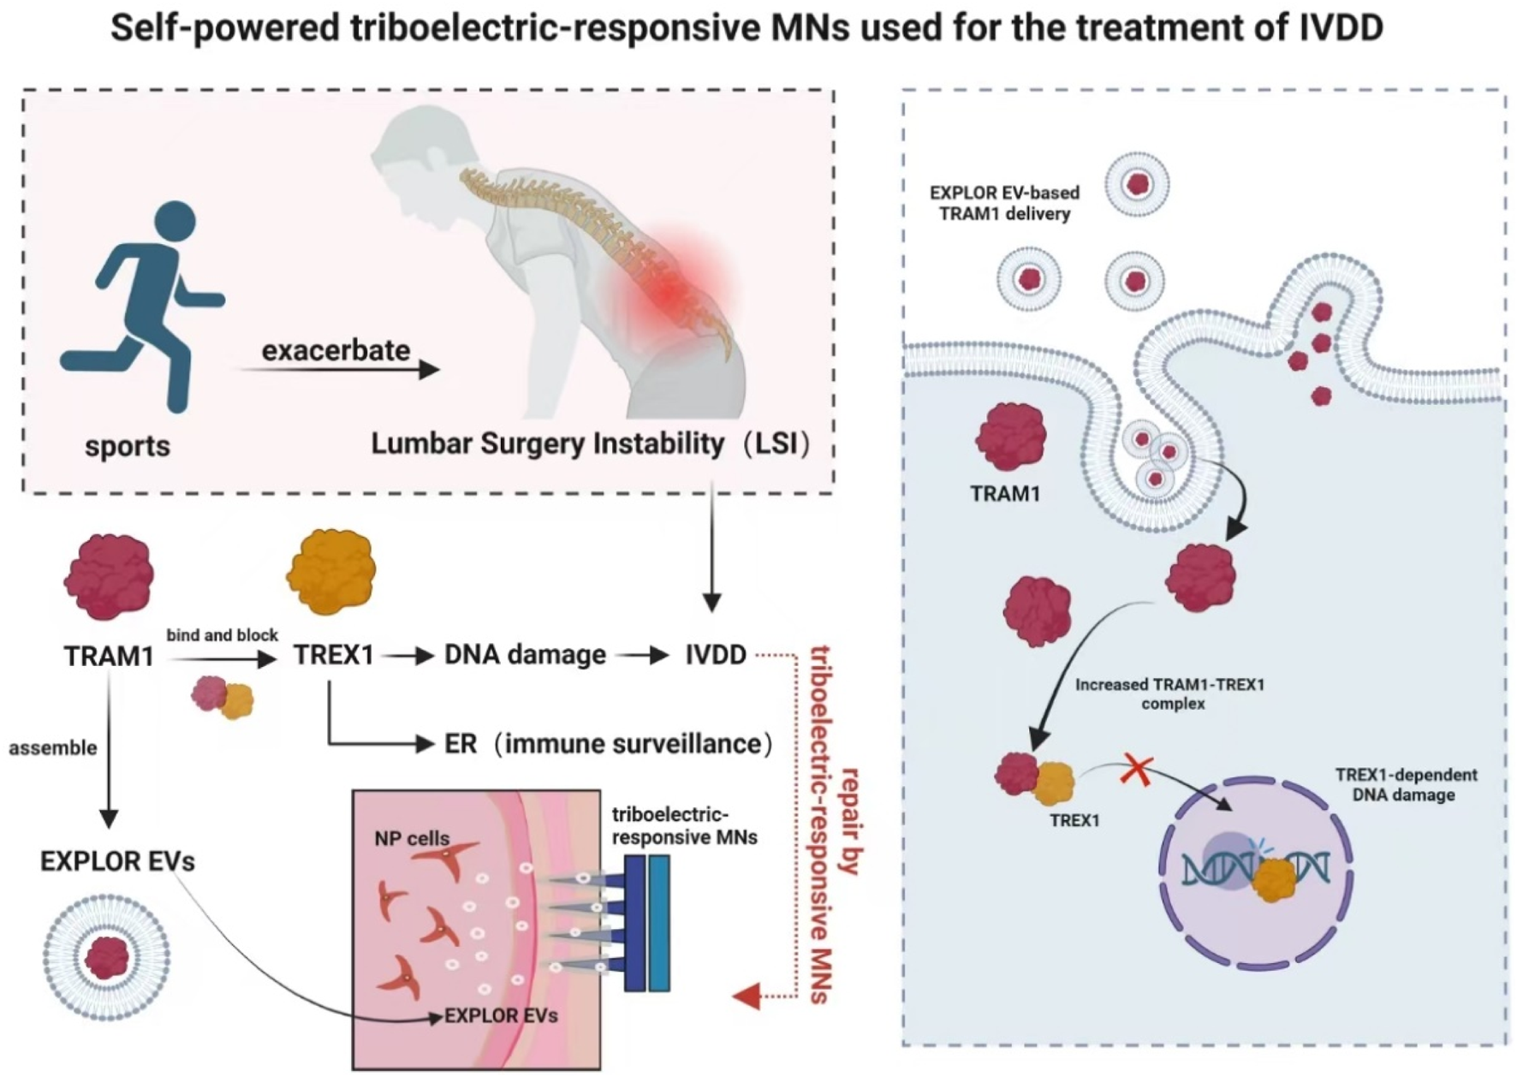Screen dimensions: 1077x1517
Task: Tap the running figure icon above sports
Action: (x=146, y=304)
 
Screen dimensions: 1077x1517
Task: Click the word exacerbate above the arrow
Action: (x=336, y=350)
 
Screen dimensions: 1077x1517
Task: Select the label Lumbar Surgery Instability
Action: (x=548, y=443)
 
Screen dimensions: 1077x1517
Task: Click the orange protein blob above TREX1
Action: (x=331, y=571)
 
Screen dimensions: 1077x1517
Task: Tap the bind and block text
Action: (x=222, y=635)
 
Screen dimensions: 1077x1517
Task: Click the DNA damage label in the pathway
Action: (x=525, y=655)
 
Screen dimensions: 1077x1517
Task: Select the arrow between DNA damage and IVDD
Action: (x=642, y=656)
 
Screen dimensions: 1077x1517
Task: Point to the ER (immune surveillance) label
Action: (x=608, y=743)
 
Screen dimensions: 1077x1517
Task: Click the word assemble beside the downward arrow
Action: (x=53, y=748)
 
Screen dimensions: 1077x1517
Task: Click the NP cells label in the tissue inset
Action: (x=412, y=838)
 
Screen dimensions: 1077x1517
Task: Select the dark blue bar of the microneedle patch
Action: (x=634, y=923)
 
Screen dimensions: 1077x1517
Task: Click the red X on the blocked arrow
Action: (x=1136, y=771)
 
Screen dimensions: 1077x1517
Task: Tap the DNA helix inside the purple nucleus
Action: (x=1255, y=870)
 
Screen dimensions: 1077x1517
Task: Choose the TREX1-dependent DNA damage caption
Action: (x=1406, y=784)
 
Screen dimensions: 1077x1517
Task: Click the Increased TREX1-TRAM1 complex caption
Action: (x=1169, y=693)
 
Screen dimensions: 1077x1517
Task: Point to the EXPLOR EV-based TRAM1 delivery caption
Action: (x=1004, y=203)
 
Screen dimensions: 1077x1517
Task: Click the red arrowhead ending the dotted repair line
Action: (x=747, y=996)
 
